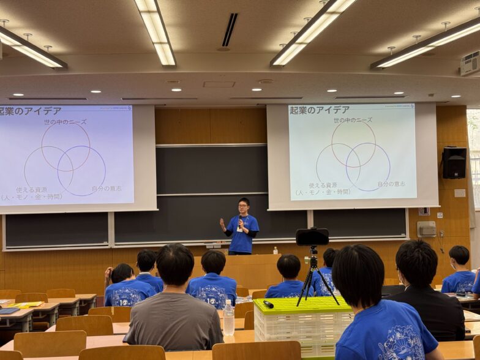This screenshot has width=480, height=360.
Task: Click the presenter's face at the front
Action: [x=244, y=204]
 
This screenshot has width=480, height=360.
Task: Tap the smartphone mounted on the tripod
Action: [x=312, y=237]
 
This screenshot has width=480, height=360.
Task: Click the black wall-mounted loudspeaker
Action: [x=454, y=163]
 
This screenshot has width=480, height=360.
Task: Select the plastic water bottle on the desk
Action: [x=228, y=318]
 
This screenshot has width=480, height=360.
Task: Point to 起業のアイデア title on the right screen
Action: [x=319, y=110]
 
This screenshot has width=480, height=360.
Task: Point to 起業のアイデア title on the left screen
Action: [x=31, y=111]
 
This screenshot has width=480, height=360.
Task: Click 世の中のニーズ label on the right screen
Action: [x=353, y=121]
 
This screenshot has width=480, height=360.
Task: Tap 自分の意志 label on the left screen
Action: [x=107, y=189]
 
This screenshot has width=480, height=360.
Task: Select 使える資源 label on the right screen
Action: [x=323, y=185]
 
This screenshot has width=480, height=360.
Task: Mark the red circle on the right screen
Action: [x=353, y=144]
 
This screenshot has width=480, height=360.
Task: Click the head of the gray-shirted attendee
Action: [x=174, y=264]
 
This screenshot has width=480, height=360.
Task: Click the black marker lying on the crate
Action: [x=268, y=304]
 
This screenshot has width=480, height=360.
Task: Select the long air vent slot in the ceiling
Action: [x=230, y=30]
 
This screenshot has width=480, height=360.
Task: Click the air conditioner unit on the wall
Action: [x=470, y=62]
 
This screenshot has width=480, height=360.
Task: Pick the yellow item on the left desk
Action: [x=26, y=304]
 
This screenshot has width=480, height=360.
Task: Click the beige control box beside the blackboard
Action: [x=426, y=229]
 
